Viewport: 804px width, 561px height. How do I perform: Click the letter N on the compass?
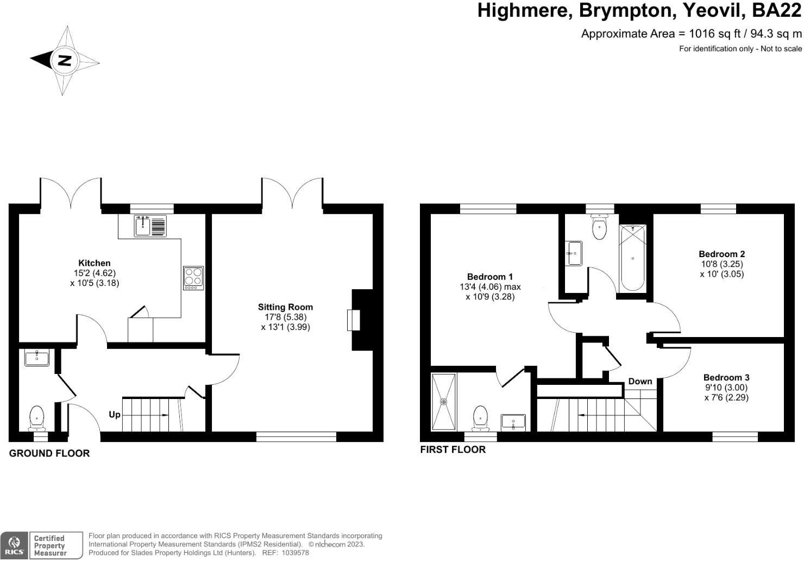65,60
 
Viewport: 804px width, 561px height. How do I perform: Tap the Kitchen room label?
95,263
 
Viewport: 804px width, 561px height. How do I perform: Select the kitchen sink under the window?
143,226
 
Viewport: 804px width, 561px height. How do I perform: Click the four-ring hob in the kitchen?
193,277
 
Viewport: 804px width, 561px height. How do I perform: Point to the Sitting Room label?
285,307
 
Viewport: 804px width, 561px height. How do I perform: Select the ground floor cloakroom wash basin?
37,358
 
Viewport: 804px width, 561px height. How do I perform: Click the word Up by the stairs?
115,415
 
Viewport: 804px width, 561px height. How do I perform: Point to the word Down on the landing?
640,381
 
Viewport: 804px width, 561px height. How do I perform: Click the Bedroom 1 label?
489,277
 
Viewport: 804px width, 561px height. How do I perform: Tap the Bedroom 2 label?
721,254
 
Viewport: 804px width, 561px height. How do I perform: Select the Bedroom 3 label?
726,377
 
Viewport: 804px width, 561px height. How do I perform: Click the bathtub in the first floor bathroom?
633,258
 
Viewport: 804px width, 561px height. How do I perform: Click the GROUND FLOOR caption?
49,453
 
